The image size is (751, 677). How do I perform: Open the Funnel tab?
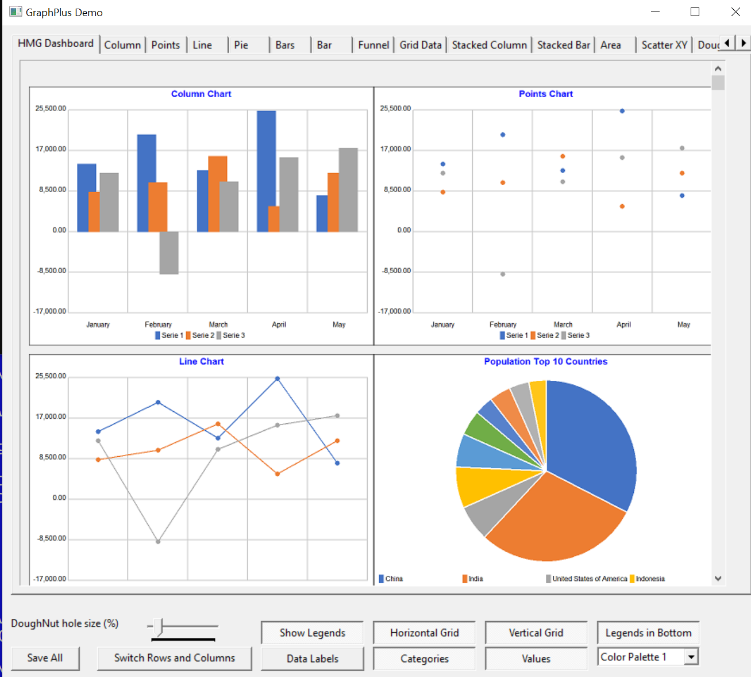tap(373, 45)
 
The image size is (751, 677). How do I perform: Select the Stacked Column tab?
tap(489, 45)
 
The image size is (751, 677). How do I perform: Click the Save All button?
tap(45, 658)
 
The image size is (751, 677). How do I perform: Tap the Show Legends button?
tap(312, 633)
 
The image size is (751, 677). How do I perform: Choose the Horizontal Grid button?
tap(424, 633)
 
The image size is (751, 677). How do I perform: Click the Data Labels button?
tap(312, 659)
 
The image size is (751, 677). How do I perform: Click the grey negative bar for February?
tap(169, 253)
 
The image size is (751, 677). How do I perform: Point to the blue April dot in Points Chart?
tap(622, 111)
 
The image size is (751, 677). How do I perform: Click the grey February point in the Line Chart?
tap(158, 541)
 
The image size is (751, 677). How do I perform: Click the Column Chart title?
tap(201, 94)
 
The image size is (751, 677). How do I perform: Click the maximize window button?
tap(695, 12)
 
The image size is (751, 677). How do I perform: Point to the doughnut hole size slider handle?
tap(160, 627)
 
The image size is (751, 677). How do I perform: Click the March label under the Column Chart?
tap(218, 324)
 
